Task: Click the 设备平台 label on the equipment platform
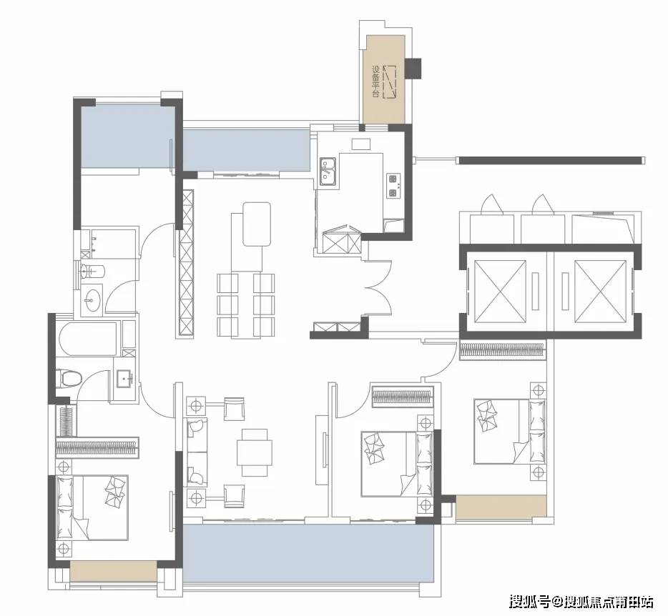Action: click(x=375, y=81)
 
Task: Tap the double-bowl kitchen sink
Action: click(x=328, y=172)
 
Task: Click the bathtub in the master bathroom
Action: click(x=88, y=339)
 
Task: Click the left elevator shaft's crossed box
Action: click(x=500, y=291)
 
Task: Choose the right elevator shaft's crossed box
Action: click(x=601, y=291)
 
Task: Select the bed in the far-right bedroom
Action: click(x=509, y=431)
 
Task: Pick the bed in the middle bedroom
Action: click(x=397, y=464)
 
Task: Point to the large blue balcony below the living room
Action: click(x=308, y=552)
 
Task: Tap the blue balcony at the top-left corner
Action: click(x=128, y=136)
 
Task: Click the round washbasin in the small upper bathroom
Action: click(x=90, y=300)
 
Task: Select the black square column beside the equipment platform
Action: click(x=413, y=68)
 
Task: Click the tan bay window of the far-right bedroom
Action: click(x=501, y=507)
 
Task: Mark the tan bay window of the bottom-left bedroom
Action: click(x=114, y=570)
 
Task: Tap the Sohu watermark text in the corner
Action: click(x=581, y=602)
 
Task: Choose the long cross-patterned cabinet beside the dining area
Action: click(x=186, y=264)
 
